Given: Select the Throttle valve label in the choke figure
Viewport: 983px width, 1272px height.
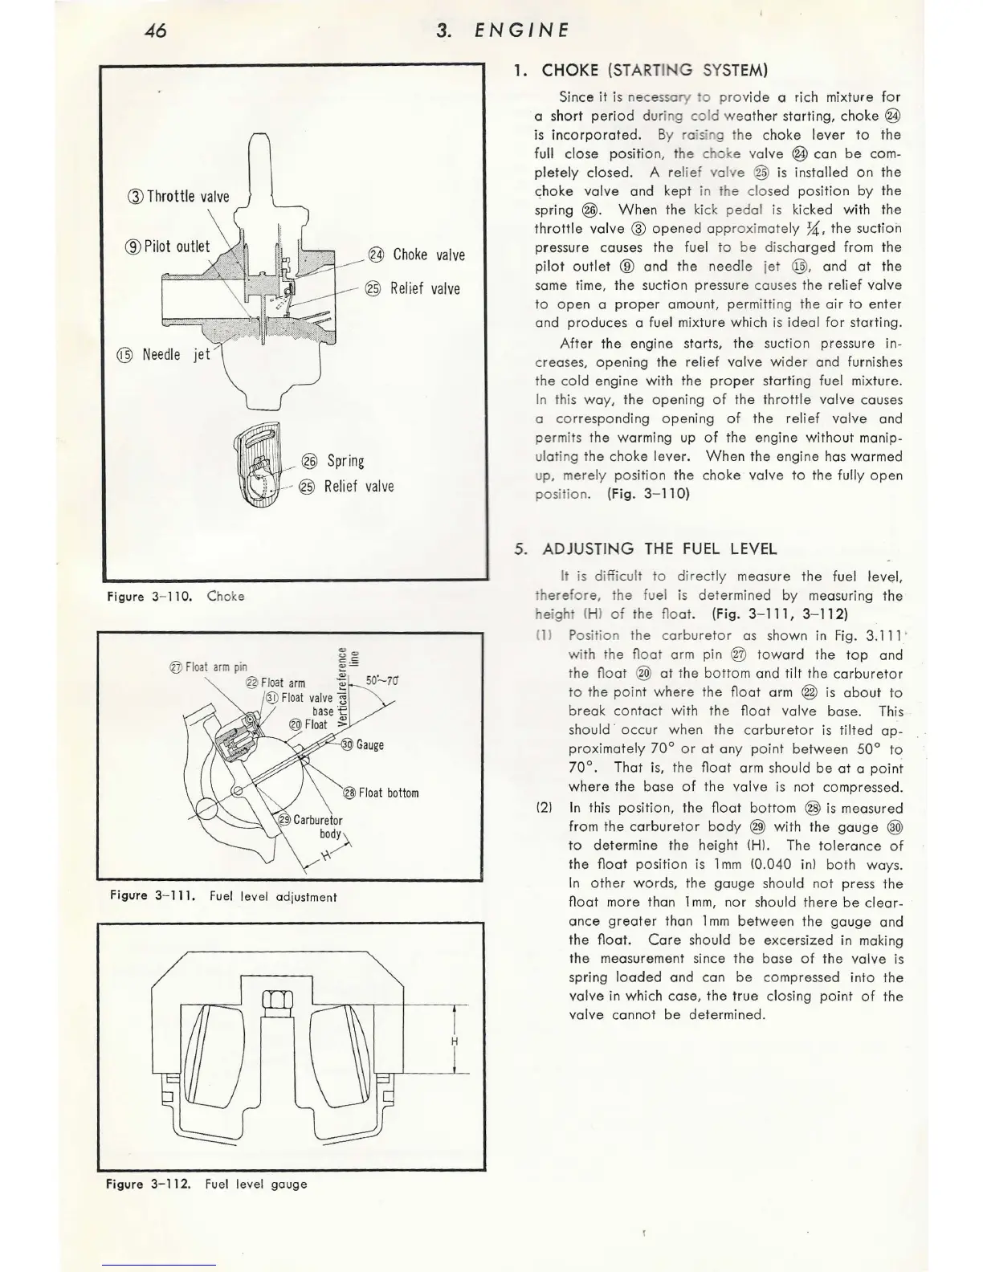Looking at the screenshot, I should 179,197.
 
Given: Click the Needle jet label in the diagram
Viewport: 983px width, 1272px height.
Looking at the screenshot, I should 165,354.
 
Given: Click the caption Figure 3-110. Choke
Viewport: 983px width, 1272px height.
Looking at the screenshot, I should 175,596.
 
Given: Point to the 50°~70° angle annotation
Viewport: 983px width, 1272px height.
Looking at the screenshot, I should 382,681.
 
